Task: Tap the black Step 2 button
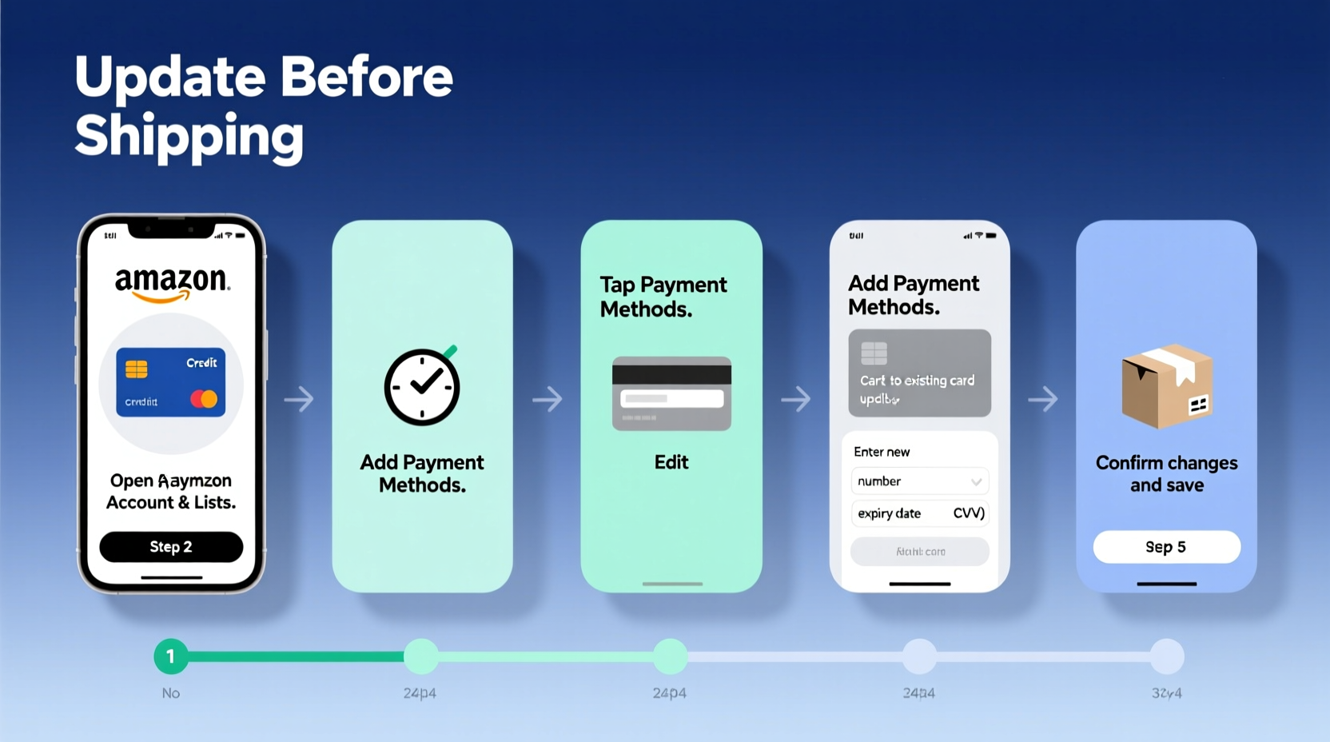(x=171, y=547)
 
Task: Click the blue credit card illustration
(x=171, y=382)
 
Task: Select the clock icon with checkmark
(x=422, y=387)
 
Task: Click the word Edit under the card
(x=671, y=462)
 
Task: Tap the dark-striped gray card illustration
(x=671, y=393)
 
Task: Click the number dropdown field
(x=919, y=481)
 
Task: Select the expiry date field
(x=890, y=513)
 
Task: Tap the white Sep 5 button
(x=1166, y=547)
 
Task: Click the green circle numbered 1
(x=170, y=656)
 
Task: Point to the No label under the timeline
(x=171, y=693)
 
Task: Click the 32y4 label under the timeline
(x=1166, y=693)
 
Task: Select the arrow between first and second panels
(x=299, y=398)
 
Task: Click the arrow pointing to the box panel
(x=1043, y=398)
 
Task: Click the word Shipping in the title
(x=189, y=136)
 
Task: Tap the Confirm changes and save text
(x=1166, y=474)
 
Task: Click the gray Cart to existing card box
(x=919, y=373)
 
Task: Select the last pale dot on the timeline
(x=1167, y=656)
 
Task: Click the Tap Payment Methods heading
(x=663, y=297)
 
